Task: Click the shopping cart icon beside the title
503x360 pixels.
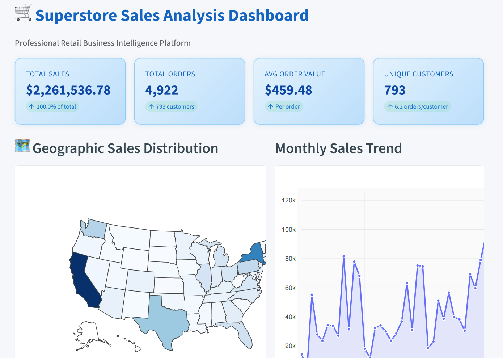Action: tap(24, 13)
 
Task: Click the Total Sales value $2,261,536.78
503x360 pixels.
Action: tap(68, 90)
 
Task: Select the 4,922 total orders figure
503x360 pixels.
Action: tap(161, 90)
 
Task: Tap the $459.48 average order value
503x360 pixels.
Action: tap(288, 90)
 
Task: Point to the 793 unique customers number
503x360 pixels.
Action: tap(394, 90)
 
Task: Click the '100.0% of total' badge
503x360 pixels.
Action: tap(52, 107)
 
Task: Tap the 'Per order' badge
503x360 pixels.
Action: tap(284, 107)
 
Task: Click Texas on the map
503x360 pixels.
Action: tap(163, 319)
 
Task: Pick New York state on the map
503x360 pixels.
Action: tap(253, 254)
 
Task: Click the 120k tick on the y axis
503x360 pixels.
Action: tap(288, 201)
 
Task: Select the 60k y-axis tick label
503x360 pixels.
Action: tap(290, 288)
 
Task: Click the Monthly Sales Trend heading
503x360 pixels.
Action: tap(338, 148)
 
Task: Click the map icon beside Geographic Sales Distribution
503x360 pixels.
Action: tap(22, 146)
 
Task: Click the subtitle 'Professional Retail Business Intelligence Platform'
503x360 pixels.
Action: tap(103, 43)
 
